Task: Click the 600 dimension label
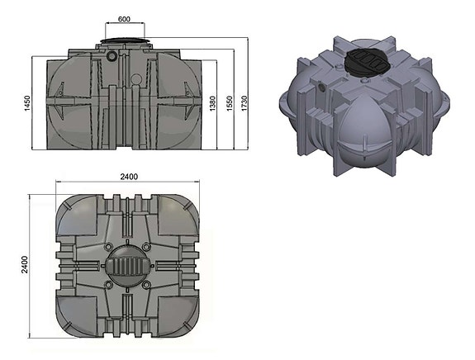click(124, 19)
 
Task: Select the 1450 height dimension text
click(26, 104)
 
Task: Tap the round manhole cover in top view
click(126, 266)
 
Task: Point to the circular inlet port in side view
click(112, 57)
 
